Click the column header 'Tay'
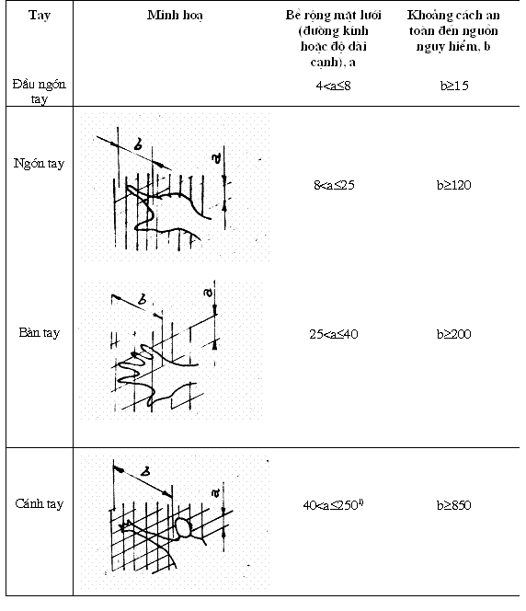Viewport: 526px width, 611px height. tap(40, 16)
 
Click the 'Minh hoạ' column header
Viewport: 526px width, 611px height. tap(175, 16)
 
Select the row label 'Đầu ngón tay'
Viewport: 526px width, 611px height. tap(39, 91)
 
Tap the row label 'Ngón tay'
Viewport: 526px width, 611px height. tap(39, 163)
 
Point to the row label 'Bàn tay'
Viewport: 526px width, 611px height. tap(40, 333)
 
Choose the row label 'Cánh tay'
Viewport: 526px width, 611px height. tap(40, 504)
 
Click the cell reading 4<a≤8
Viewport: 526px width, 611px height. tap(333, 86)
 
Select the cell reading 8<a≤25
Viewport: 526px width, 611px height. tap(334, 185)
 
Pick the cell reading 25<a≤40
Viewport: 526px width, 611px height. tap(334, 334)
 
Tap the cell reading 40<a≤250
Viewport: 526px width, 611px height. tap(333, 505)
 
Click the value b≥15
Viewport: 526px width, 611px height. tap(454, 86)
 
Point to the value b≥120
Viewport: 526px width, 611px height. tap(454, 185)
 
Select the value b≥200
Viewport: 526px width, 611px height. tap(454, 334)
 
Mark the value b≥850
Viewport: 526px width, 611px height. tap(454, 505)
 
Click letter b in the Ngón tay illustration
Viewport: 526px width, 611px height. tap(138, 144)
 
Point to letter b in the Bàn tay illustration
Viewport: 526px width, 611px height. tap(143, 300)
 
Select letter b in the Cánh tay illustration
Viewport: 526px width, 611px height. tap(145, 471)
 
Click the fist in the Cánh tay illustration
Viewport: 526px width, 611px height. tap(183, 527)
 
